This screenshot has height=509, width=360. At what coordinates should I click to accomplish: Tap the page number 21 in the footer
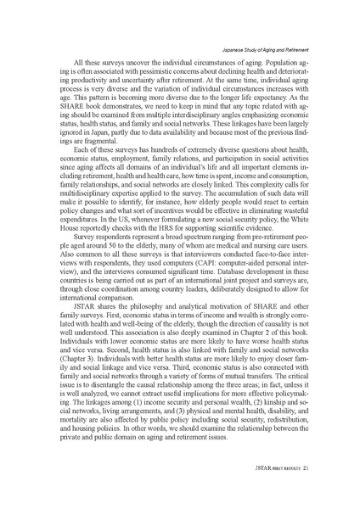point(313,466)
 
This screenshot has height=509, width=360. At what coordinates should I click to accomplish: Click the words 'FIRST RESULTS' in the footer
point(287,466)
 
